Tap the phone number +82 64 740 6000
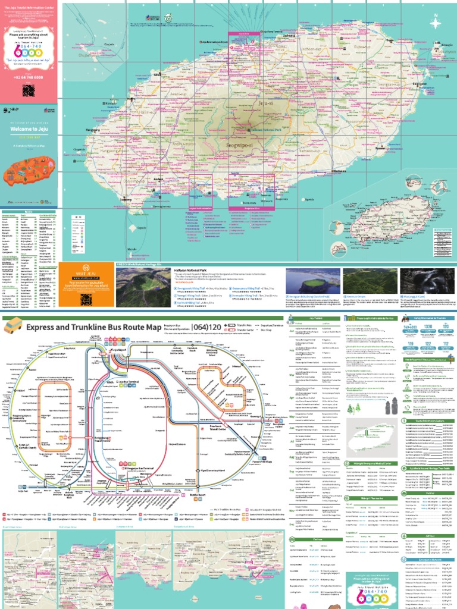[x=29, y=77]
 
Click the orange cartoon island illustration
[x=29, y=172]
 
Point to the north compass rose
[x=437, y=23]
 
